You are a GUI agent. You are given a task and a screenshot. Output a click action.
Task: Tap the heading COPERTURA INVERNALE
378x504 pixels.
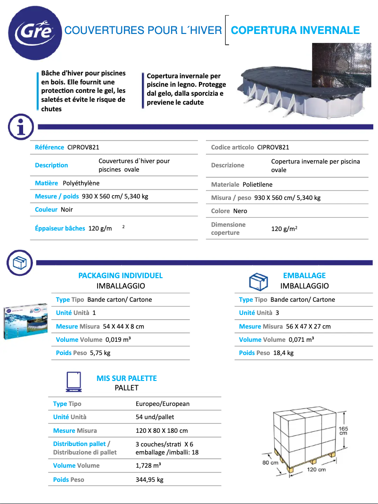point(296,31)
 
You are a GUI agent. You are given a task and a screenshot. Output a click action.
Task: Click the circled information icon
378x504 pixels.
point(20,126)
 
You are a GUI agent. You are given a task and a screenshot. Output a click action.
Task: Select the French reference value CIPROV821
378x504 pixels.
point(83,148)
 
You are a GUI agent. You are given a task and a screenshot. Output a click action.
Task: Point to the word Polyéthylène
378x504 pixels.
point(81,183)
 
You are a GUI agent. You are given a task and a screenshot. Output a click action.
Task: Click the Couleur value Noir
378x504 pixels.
point(67,209)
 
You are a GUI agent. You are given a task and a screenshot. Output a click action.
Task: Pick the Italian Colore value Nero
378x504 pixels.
point(240,211)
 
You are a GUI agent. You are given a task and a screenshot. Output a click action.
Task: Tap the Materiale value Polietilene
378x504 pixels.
point(257,184)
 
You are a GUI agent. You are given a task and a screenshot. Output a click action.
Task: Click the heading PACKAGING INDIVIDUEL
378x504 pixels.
point(121,275)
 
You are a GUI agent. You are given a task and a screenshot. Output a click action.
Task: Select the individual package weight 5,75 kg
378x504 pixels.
point(100,353)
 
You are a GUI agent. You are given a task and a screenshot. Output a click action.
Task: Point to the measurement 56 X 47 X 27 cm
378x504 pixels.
point(308,326)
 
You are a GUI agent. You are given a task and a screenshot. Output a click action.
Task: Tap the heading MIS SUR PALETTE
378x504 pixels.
point(126,378)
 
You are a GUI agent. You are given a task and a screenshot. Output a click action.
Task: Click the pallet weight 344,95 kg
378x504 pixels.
point(149,479)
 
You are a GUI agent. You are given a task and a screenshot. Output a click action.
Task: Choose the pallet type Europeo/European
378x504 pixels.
point(163,404)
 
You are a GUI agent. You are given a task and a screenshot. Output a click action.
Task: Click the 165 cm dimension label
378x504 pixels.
point(344,430)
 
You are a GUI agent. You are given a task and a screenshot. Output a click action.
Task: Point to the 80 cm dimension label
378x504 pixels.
point(270,463)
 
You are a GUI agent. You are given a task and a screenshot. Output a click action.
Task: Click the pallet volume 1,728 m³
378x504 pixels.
point(148,465)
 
